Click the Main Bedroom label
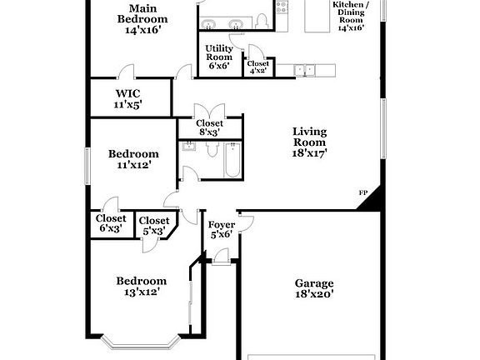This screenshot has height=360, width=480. [x=142, y=18]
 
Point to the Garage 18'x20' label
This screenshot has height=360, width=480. [x=314, y=288]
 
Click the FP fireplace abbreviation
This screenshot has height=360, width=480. [x=363, y=194]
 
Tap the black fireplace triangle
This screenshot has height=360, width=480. [x=373, y=200]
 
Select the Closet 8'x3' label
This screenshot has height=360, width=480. [x=209, y=127]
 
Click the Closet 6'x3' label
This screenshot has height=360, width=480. [x=111, y=224]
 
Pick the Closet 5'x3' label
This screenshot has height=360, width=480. [x=153, y=226]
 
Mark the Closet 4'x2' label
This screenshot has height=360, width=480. [x=258, y=67]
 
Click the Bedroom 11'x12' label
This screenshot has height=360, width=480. [x=133, y=159]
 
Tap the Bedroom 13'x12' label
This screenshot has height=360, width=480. [x=141, y=286]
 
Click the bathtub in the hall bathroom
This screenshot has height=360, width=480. [x=231, y=160]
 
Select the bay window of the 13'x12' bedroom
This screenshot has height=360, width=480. [x=144, y=343]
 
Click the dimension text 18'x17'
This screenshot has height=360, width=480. [x=309, y=152]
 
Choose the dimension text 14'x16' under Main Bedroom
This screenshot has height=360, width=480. [x=142, y=30]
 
